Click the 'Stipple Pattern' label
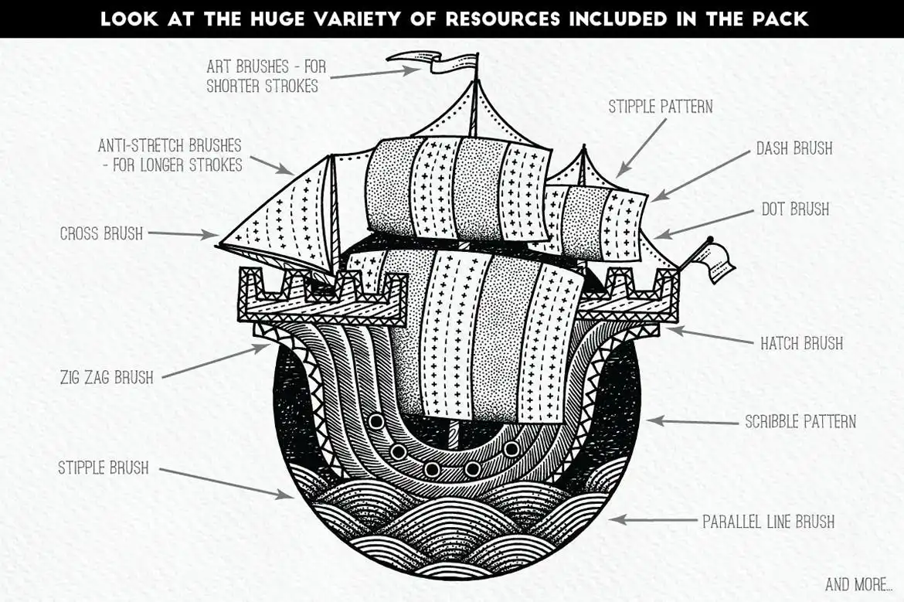660,107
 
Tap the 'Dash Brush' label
794,148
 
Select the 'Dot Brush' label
795,209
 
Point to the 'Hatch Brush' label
801,342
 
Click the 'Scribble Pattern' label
800,422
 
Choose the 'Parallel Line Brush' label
768,522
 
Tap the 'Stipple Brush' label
104,468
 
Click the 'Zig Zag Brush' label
107,377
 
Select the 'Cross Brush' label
101,233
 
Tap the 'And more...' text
857,583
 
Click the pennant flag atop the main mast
433,62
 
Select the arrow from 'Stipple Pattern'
641,147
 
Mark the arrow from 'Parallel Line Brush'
652,520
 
